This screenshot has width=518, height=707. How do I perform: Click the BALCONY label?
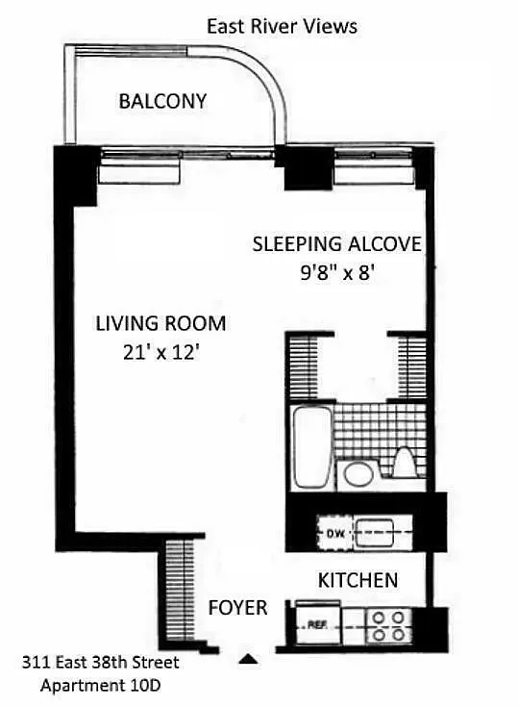162,101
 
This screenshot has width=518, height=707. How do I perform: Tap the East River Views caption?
282,27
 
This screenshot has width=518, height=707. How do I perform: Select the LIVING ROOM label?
160,324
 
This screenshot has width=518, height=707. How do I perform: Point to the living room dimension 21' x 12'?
161,352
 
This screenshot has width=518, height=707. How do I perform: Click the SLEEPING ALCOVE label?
337,244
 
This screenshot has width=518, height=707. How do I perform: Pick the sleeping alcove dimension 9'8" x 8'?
338,272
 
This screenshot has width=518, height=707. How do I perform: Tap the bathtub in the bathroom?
311,447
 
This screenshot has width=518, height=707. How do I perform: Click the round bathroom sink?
358,473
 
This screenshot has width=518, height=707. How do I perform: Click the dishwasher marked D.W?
334,533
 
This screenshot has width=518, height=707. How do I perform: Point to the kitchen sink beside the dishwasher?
375,533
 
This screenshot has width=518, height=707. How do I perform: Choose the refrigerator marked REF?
318,625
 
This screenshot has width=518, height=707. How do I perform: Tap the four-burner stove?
388,625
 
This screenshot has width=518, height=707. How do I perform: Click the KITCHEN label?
358,580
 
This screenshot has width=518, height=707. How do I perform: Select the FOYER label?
237,608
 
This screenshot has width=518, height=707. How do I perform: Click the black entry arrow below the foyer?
248,660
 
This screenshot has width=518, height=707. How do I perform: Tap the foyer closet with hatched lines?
180,591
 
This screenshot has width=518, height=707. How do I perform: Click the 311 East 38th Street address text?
101,663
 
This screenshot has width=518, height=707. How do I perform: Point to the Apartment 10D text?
101,686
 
